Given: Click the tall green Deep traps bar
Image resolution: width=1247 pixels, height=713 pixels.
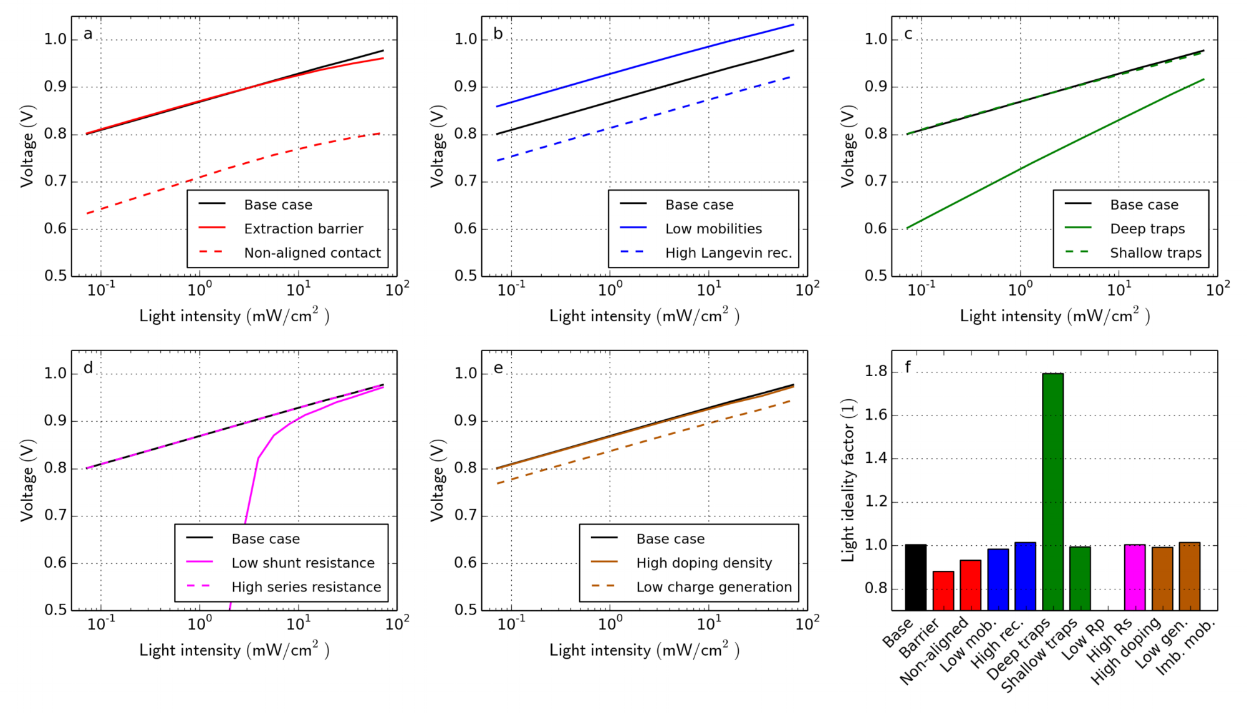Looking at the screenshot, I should pyautogui.click(x=1052, y=493).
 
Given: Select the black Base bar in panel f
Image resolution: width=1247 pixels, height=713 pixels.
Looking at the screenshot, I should pyautogui.click(x=915, y=577).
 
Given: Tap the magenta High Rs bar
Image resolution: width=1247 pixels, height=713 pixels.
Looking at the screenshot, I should pyautogui.click(x=1135, y=577).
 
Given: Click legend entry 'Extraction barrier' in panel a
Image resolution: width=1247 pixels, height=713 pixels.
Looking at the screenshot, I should pyautogui.click(x=303, y=229).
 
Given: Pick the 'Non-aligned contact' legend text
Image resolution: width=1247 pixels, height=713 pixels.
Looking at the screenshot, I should pyautogui.click(x=312, y=253).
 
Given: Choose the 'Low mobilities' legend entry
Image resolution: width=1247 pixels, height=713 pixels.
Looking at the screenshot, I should pyautogui.click(x=713, y=229).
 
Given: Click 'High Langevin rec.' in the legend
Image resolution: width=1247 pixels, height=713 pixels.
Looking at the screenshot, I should pyautogui.click(x=728, y=253).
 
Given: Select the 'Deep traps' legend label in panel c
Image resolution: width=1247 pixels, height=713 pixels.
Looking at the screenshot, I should pyautogui.click(x=1147, y=229).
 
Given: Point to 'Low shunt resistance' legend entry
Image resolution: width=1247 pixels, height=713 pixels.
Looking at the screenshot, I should pyautogui.click(x=303, y=563).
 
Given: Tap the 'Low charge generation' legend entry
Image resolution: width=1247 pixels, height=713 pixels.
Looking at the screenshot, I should pyautogui.click(x=714, y=587).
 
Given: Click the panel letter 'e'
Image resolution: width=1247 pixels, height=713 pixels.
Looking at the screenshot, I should pyautogui.click(x=498, y=368).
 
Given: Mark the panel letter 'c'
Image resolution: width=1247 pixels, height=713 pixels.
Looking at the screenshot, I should pyautogui.click(x=908, y=34).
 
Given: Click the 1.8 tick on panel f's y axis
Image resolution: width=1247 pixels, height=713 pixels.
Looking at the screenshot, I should pyautogui.click(x=875, y=372).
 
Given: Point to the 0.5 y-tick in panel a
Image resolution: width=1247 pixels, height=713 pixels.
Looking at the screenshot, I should pyautogui.click(x=55, y=276).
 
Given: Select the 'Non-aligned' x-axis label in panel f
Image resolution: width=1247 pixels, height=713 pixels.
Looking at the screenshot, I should pyautogui.click(x=934, y=652).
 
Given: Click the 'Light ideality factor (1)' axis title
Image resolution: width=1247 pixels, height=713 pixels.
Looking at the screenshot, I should pyautogui.click(x=848, y=480).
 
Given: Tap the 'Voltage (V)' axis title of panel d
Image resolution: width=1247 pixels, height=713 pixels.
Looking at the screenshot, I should pyautogui.click(x=27, y=480).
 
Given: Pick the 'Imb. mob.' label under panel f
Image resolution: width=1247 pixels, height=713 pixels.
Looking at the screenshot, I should pyautogui.click(x=1186, y=648).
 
